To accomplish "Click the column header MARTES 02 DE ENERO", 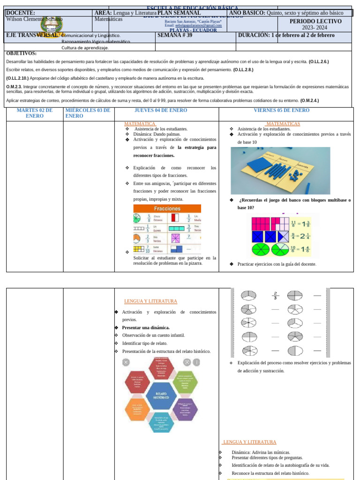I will pyautogui.click(x=34, y=113).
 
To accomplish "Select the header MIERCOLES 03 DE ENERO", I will pyautogui.click(x=88, y=113).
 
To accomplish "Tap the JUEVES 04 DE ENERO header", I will pyautogui.click(x=161, y=111).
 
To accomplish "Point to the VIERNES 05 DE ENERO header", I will pyautogui.click(x=281, y=111).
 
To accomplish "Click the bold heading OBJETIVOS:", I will pyautogui.click(x=21, y=53).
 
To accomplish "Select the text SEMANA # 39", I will pyautogui.click(x=175, y=35).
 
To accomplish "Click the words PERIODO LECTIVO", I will pyautogui.click(x=315, y=22).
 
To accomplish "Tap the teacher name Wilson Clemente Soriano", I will pyautogui.click(x=34, y=19).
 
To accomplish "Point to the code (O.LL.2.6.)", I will pyautogui.click(x=318, y=61).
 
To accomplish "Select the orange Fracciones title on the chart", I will pyautogui.click(x=167, y=208).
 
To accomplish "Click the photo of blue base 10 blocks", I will pyautogui.click(x=280, y=170).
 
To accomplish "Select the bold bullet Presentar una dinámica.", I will pyautogui.click(x=146, y=328).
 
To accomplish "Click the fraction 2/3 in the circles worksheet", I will pyautogui.click(x=275, y=295).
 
